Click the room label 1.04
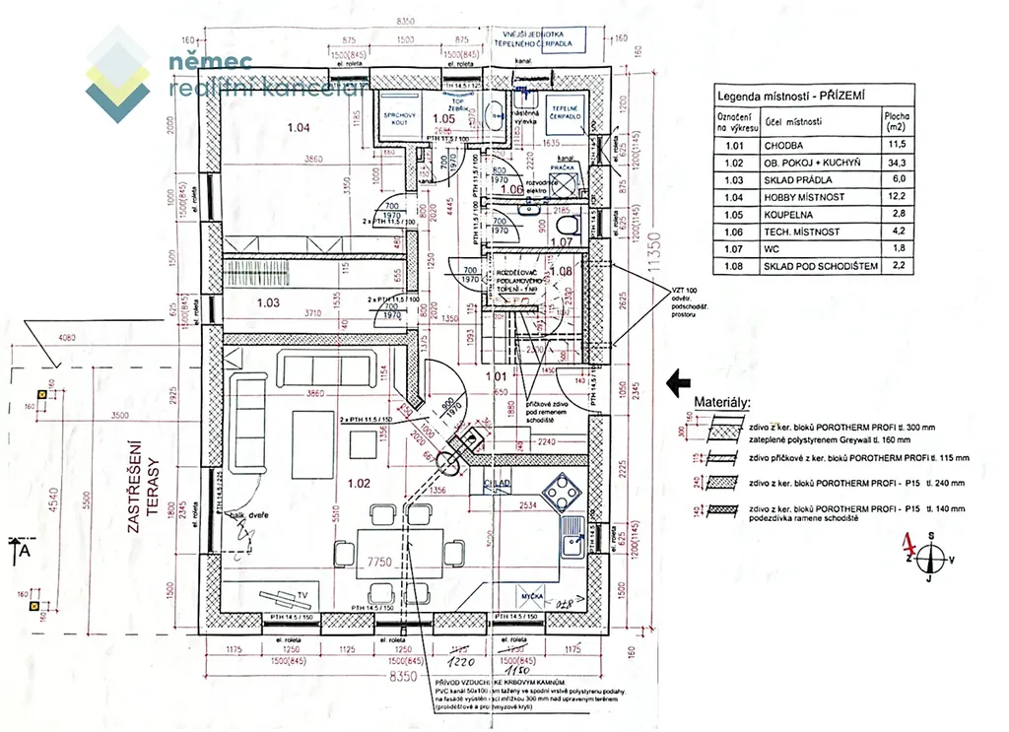point(298,128)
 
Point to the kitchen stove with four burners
point(562,490)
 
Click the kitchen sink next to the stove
point(572,543)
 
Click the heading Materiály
point(721,403)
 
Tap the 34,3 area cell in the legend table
point(897,162)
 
